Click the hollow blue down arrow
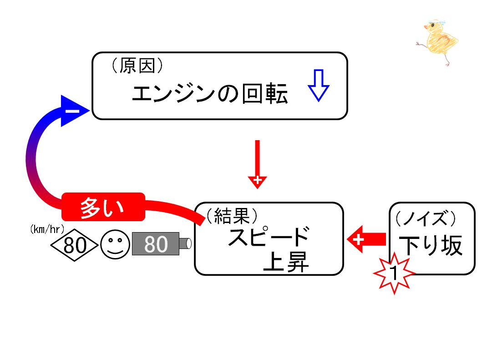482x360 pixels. coord(319,86)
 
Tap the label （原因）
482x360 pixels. coord(137,66)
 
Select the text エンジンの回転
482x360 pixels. coord(210,93)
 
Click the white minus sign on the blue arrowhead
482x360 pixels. coord(73,111)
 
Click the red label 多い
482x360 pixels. coord(103,207)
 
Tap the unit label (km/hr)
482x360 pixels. coord(47,229)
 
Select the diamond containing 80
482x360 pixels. coord(74,245)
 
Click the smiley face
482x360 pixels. coord(116,245)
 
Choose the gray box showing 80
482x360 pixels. coord(156,244)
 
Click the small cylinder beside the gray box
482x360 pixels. coord(186,243)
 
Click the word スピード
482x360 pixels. coord(269,236)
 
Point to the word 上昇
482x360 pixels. coord(285,262)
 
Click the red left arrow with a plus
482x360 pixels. coord(366,239)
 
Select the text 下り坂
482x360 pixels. coord(431,245)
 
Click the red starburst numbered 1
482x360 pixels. coord(394,272)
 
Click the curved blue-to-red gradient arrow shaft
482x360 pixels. coord(31,160)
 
